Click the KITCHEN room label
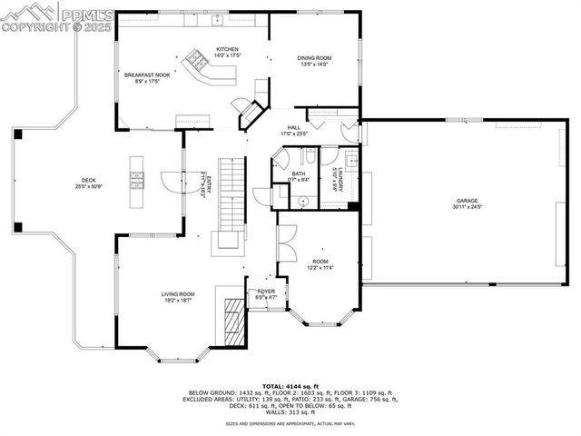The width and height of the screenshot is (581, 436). pos(227,49)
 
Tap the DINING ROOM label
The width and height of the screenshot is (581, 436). pos(315,58)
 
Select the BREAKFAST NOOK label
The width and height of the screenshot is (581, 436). pos(147,75)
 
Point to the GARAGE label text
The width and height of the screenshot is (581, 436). pos(467,201)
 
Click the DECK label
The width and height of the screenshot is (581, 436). pos(88,181)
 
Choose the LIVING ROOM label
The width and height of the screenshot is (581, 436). pos(178,293)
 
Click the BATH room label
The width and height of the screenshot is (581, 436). pos(298,173)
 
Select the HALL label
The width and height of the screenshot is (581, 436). pos(294,128)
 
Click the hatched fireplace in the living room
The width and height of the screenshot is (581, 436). pos(234,324)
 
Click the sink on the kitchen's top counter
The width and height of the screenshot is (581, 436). pos(218,19)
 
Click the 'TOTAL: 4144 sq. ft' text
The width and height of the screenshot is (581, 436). pos(290,385)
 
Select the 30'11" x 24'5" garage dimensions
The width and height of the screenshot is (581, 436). pos(467,207)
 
